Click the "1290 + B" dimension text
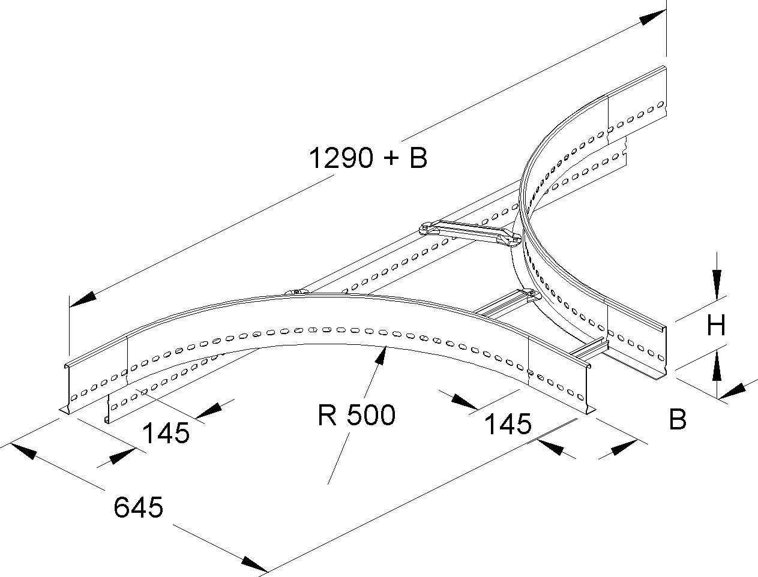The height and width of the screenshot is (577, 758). pyautogui.click(x=368, y=158)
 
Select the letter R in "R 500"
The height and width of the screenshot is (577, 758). pyautogui.click(x=326, y=414)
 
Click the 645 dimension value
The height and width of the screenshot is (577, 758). pyautogui.click(x=138, y=508)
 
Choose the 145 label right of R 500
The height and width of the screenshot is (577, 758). pyautogui.click(x=508, y=423)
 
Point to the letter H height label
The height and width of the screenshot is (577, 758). pyautogui.click(x=716, y=326)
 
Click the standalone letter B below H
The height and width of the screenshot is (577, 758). pyautogui.click(x=678, y=420)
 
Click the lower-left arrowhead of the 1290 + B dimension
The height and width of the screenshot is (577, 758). pyautogui.click(x=83, y=300)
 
